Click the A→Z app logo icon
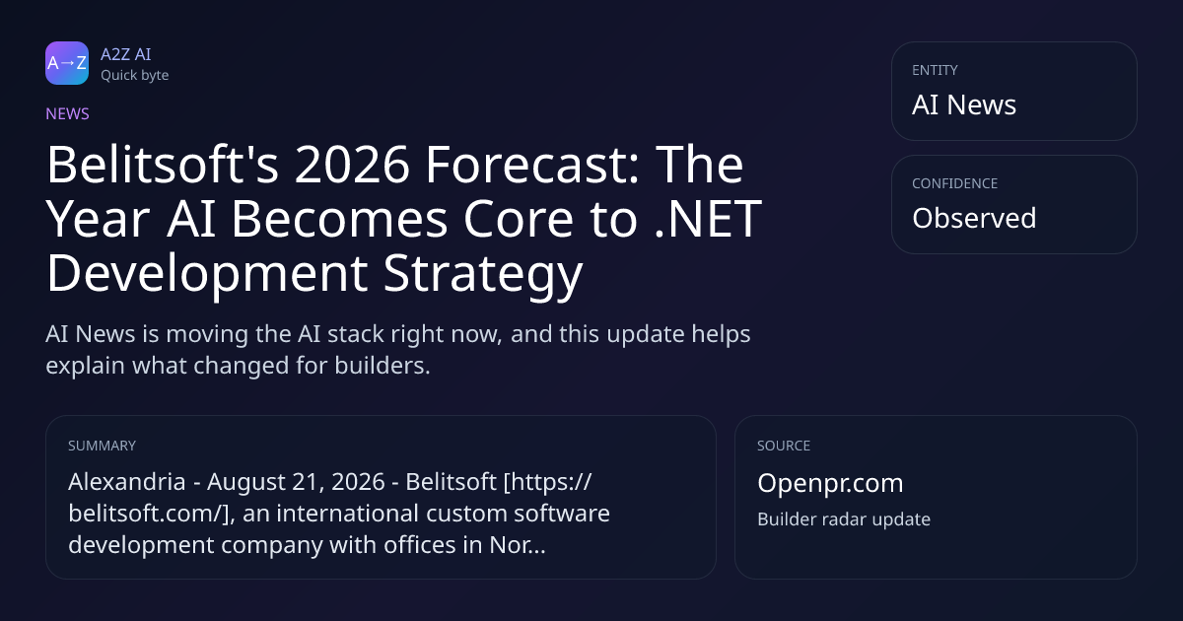[x=67, y=63]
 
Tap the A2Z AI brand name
[x=126, y=54]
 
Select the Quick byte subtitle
[x=135, y=76]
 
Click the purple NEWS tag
[x=68, y=113]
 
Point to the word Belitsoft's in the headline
[x=163, y=165]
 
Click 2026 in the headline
[x=352, y=165]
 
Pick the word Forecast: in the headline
[x=532, y=165]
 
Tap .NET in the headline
[x=708, y=219]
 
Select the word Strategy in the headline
[x=483, y=275]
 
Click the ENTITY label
[x=935, y=70]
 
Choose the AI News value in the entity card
[x=964, y=104]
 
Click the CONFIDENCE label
[x=955, y=183]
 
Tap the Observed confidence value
[x=974, y=218]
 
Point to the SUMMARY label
[x=102, y=446]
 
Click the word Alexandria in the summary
[x=127, y=482]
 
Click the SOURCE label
[x=784, y=446]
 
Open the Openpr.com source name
[x=830, y=484]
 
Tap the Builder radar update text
[x=844, y=519]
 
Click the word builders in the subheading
[x=383, y=366]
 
